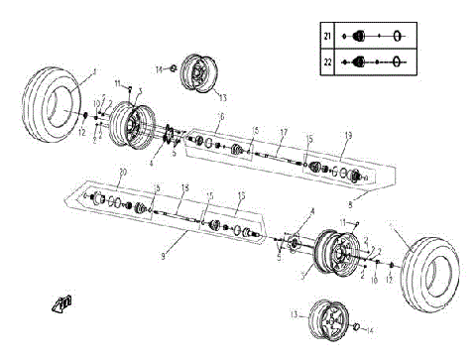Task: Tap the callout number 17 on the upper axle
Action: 283,133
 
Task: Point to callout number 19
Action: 347,133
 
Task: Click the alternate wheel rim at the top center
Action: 202,73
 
